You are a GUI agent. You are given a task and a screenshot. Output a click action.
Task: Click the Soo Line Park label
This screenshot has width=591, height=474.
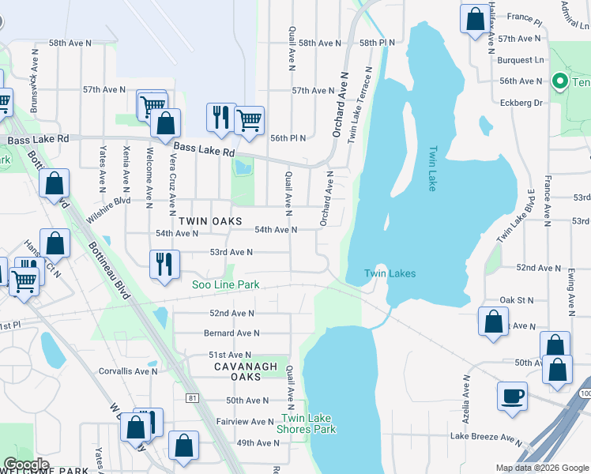[x=226, y=284]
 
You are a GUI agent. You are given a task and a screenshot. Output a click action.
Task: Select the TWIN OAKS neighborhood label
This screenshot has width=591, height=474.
[x=210, y=222]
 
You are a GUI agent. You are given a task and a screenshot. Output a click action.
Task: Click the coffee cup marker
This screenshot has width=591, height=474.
[x=512, y=395]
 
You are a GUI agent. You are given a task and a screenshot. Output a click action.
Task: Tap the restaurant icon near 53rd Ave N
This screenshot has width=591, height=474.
[x=164, y=263]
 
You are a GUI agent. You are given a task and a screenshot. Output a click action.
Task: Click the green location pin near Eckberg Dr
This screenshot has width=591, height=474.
[x=559, y=81]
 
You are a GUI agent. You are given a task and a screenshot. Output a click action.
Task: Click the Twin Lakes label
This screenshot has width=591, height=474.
[x=390, y=274]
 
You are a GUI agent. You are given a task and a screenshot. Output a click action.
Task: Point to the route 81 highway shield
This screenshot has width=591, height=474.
[x=193, y=398]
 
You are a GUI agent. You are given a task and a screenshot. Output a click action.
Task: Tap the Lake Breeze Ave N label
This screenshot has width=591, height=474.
[x=487, y=436]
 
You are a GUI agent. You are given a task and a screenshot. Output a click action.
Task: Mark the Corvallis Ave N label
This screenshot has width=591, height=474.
[x=129, y=371]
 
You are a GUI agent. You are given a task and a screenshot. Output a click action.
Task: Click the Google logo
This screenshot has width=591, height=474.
[x=26, y=465]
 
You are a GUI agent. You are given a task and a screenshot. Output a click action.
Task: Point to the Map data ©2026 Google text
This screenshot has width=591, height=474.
[x=541, y=468]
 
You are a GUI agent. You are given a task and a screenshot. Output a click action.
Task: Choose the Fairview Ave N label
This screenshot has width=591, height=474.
[x=244, y=422]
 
